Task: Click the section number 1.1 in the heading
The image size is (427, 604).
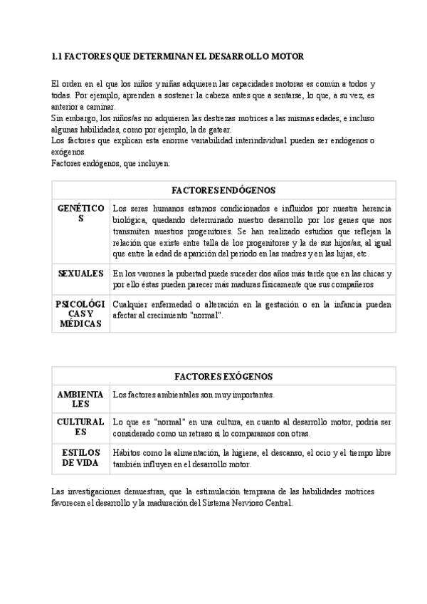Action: [x=58, y=56]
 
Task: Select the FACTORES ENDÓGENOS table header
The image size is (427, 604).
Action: [x=223, y=190]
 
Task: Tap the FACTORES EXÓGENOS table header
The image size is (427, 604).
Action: [x=223, y=375]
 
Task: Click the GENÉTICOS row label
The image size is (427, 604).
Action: [x=80, y=213]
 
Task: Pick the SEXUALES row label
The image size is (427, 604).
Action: [x=80, y=274]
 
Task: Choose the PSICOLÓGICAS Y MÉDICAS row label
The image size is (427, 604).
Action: [x=80, y=313]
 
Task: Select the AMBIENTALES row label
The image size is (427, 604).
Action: [x=80, y=399]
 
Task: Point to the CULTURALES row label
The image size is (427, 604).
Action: [x=80, y=427]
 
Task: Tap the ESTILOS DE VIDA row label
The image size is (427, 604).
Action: [x=80, y=457]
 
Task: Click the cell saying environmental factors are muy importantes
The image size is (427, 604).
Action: [x=194, y=395]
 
